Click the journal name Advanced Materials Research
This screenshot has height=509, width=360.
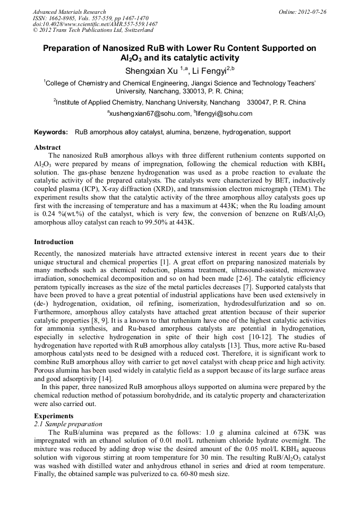coord(69,12)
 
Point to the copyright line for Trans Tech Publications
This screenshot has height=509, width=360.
coord(93,30)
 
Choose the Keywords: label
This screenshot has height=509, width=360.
coord(51,132)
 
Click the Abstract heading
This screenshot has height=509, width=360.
coord(47,147)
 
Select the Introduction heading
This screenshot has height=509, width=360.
coord(54,242)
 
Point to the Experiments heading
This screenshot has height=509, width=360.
coord(54,416)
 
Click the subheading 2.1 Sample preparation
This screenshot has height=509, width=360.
coord(67,424)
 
